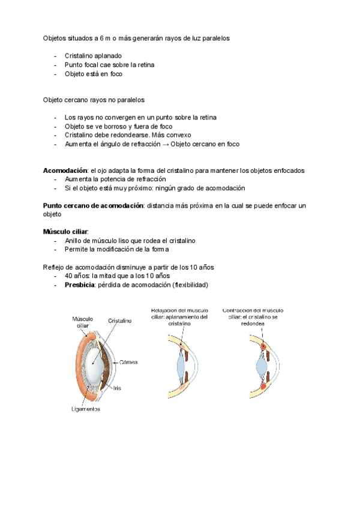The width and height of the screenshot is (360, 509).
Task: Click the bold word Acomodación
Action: (65, 170)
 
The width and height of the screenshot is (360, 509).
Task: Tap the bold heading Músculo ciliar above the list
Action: (65, 232)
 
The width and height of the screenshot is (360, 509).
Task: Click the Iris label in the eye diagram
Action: (118, 388)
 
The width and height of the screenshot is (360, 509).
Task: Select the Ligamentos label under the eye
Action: (84, 409)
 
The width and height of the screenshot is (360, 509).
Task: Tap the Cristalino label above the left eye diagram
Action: (120, 321)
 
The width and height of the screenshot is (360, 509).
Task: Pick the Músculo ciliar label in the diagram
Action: (83, 322)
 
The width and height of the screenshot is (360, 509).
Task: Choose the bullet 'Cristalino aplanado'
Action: (93, 56)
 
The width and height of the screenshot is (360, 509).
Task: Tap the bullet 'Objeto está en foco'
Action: (93, 74)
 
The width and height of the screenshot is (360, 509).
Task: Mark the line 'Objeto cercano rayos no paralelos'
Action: (94, 100)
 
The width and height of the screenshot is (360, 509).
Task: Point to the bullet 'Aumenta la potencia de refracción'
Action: (115, 179)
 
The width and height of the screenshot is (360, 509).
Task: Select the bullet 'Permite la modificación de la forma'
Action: (117, 249)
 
